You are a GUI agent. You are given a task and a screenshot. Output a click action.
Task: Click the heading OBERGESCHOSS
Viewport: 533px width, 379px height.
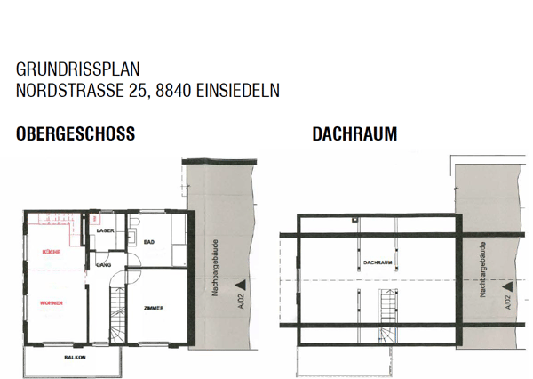pos(76,135)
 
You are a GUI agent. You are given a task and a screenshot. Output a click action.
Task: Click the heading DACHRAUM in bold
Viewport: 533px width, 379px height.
pos(354,135)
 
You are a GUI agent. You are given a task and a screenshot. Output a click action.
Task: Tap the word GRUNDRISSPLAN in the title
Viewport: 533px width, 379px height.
pos(77,69)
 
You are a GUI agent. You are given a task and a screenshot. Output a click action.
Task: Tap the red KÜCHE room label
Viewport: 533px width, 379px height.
pos(51,253)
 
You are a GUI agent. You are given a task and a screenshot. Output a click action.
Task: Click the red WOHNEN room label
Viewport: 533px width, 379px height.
pos(51,303)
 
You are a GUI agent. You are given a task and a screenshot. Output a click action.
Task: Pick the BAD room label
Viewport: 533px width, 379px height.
pos(149,242)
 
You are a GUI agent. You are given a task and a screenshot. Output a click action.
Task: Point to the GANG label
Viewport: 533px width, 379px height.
pos(103,265)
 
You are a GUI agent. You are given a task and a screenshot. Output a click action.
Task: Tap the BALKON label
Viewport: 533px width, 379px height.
pos(75,358)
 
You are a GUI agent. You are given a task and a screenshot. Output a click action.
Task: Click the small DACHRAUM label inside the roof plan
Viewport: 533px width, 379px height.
pos(378,263)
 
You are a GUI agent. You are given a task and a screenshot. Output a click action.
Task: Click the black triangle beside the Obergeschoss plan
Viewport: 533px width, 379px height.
pos(239,286)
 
